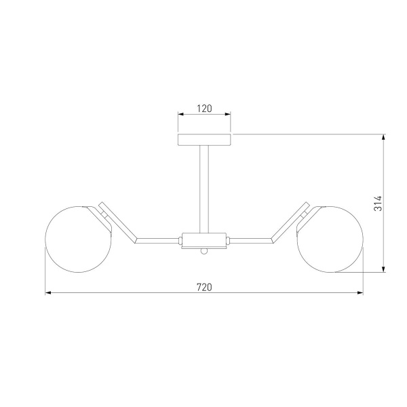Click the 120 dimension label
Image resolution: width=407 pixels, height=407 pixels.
tap(204, 109)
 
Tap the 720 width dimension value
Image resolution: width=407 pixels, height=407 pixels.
tap(204, 288)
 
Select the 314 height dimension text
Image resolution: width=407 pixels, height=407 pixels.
tap(378, 203)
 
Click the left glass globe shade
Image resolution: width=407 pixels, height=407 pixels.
tap(79, 239)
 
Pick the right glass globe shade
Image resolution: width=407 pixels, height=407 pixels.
tap(330, 239)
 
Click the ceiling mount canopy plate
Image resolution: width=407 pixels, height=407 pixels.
tap(204, 140)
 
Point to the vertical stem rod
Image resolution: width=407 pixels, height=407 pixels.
tap(204, 189)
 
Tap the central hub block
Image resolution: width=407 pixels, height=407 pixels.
tap(204, 240)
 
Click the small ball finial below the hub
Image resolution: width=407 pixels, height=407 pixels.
tap(204, 251)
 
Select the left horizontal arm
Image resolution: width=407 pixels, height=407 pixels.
tap(158, 241)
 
